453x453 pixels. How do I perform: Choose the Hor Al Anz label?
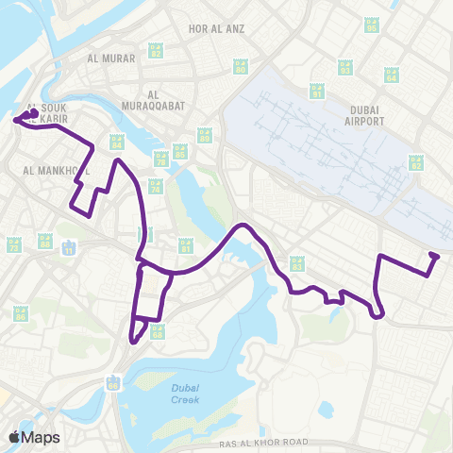coord(216,28)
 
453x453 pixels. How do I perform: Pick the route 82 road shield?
coord(156,49)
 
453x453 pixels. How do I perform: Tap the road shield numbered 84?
coord(117,144)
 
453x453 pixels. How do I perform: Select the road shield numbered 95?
coord(371,27)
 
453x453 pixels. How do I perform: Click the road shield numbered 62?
coord(415,163)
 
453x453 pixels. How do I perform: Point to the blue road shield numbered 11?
coord(68,248)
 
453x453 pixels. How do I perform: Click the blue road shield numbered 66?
coord(114,382)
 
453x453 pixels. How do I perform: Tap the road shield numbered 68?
coord(157,331)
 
